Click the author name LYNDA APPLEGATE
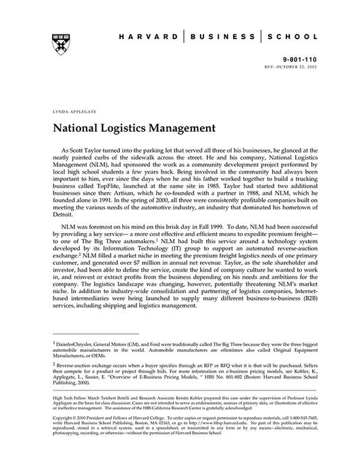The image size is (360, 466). (71, 109)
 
